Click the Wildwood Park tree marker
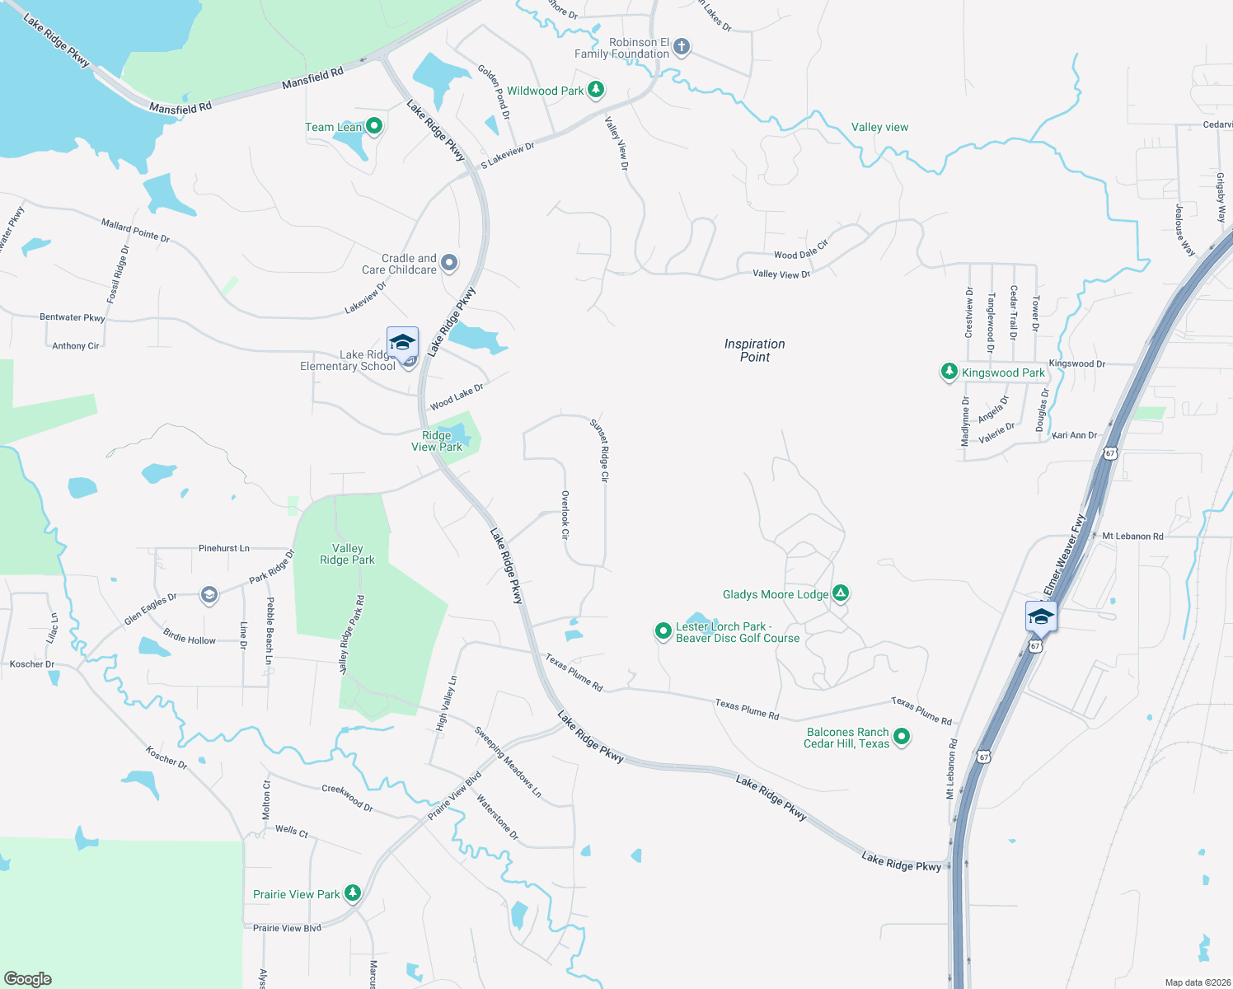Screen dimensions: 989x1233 coord(595,90)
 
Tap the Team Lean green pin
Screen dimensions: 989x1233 coord(374,126)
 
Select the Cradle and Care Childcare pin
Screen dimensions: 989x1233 coord(449,263)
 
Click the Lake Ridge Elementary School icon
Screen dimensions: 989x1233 coord(402,343)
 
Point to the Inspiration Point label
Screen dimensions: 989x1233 coord(754,350)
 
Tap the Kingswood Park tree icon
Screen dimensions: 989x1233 coord(949,372)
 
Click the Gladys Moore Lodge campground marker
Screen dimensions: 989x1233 coord(840,593)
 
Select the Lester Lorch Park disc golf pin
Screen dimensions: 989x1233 coord(663,631)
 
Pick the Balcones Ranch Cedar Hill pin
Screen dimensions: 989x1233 coord(902,736)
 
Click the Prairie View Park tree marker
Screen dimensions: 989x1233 coord(353,893)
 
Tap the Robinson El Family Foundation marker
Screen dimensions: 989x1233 coord(681,47)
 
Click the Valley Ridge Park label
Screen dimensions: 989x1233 coord(347,554)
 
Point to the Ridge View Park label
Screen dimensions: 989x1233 coord(437,441)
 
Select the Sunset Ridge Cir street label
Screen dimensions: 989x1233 coord(599,450)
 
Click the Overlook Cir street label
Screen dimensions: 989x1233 coord(565,515)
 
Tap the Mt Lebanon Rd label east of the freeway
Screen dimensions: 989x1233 coord(1132,537)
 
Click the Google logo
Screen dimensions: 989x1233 coord(28,978)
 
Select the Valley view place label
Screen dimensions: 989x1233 coord(879,128)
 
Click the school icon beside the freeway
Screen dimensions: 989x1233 coord(1041,616)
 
